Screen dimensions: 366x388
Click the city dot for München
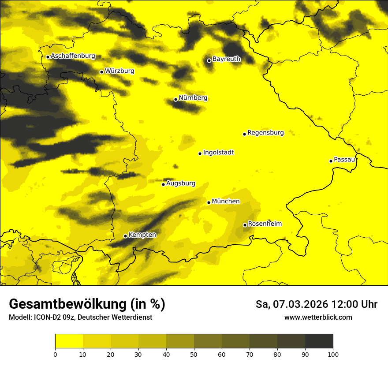tap(209, 202)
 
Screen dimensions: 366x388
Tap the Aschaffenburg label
tap(73, 56)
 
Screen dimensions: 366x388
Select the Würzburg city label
tap(119, 71)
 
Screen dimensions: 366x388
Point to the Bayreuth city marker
tap(209, 60)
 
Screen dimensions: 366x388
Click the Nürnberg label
tap(193, 98)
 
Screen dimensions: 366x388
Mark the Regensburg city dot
tap(244, 134)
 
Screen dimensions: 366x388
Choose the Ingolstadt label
tap(218, 153)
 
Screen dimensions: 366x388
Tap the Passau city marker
tap(331, 161)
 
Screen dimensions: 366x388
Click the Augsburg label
tap(180, 183)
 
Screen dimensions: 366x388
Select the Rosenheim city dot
tap(245, 225)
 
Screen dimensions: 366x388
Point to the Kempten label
tap(142, 235)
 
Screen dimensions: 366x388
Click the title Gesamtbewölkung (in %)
tap(87, 304)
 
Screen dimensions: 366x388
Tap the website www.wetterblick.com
tap(318, 317)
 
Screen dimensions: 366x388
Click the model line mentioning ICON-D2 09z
tap(80, 317)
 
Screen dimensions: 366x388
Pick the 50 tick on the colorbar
tap(194, 354)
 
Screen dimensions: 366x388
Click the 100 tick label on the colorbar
tap(333, 354)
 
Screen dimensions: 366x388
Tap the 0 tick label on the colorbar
tap(55, 354)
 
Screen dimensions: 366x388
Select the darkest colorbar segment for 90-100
tap(319, 341)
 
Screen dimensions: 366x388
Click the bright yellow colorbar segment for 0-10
tap(69, 341)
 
